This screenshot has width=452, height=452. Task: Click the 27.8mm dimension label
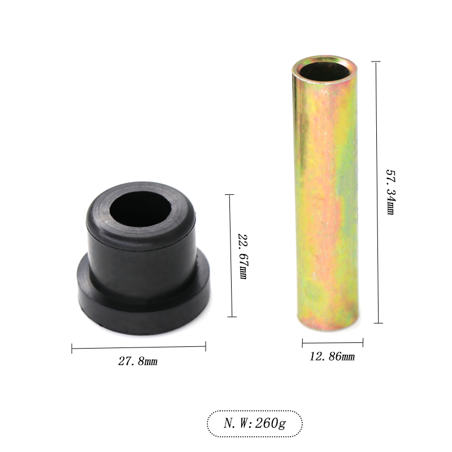click(x=138, y=361)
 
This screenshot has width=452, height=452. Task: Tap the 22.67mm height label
click(x=243, y=257)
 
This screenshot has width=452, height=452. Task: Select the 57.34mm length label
click(x=390, y=192)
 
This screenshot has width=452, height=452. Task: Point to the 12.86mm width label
click(x=332, y=357)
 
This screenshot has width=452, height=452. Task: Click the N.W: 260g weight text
click(x=255, y=423)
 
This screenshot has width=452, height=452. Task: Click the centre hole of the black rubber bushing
click(x=140, y=208)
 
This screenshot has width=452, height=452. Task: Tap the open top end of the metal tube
click(x=324, y=69)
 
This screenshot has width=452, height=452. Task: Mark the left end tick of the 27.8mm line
click(x=72, y=349)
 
